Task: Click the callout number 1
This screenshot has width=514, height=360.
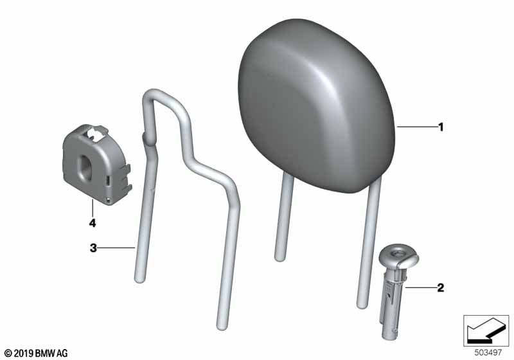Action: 441,127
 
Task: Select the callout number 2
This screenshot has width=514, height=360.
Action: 441,287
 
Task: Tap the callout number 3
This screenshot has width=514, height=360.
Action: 93,248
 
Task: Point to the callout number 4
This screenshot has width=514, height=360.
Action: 93,223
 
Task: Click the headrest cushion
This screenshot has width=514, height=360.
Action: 315,105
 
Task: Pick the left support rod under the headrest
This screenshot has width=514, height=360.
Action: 283,217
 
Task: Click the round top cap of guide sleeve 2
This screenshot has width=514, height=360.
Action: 398,255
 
